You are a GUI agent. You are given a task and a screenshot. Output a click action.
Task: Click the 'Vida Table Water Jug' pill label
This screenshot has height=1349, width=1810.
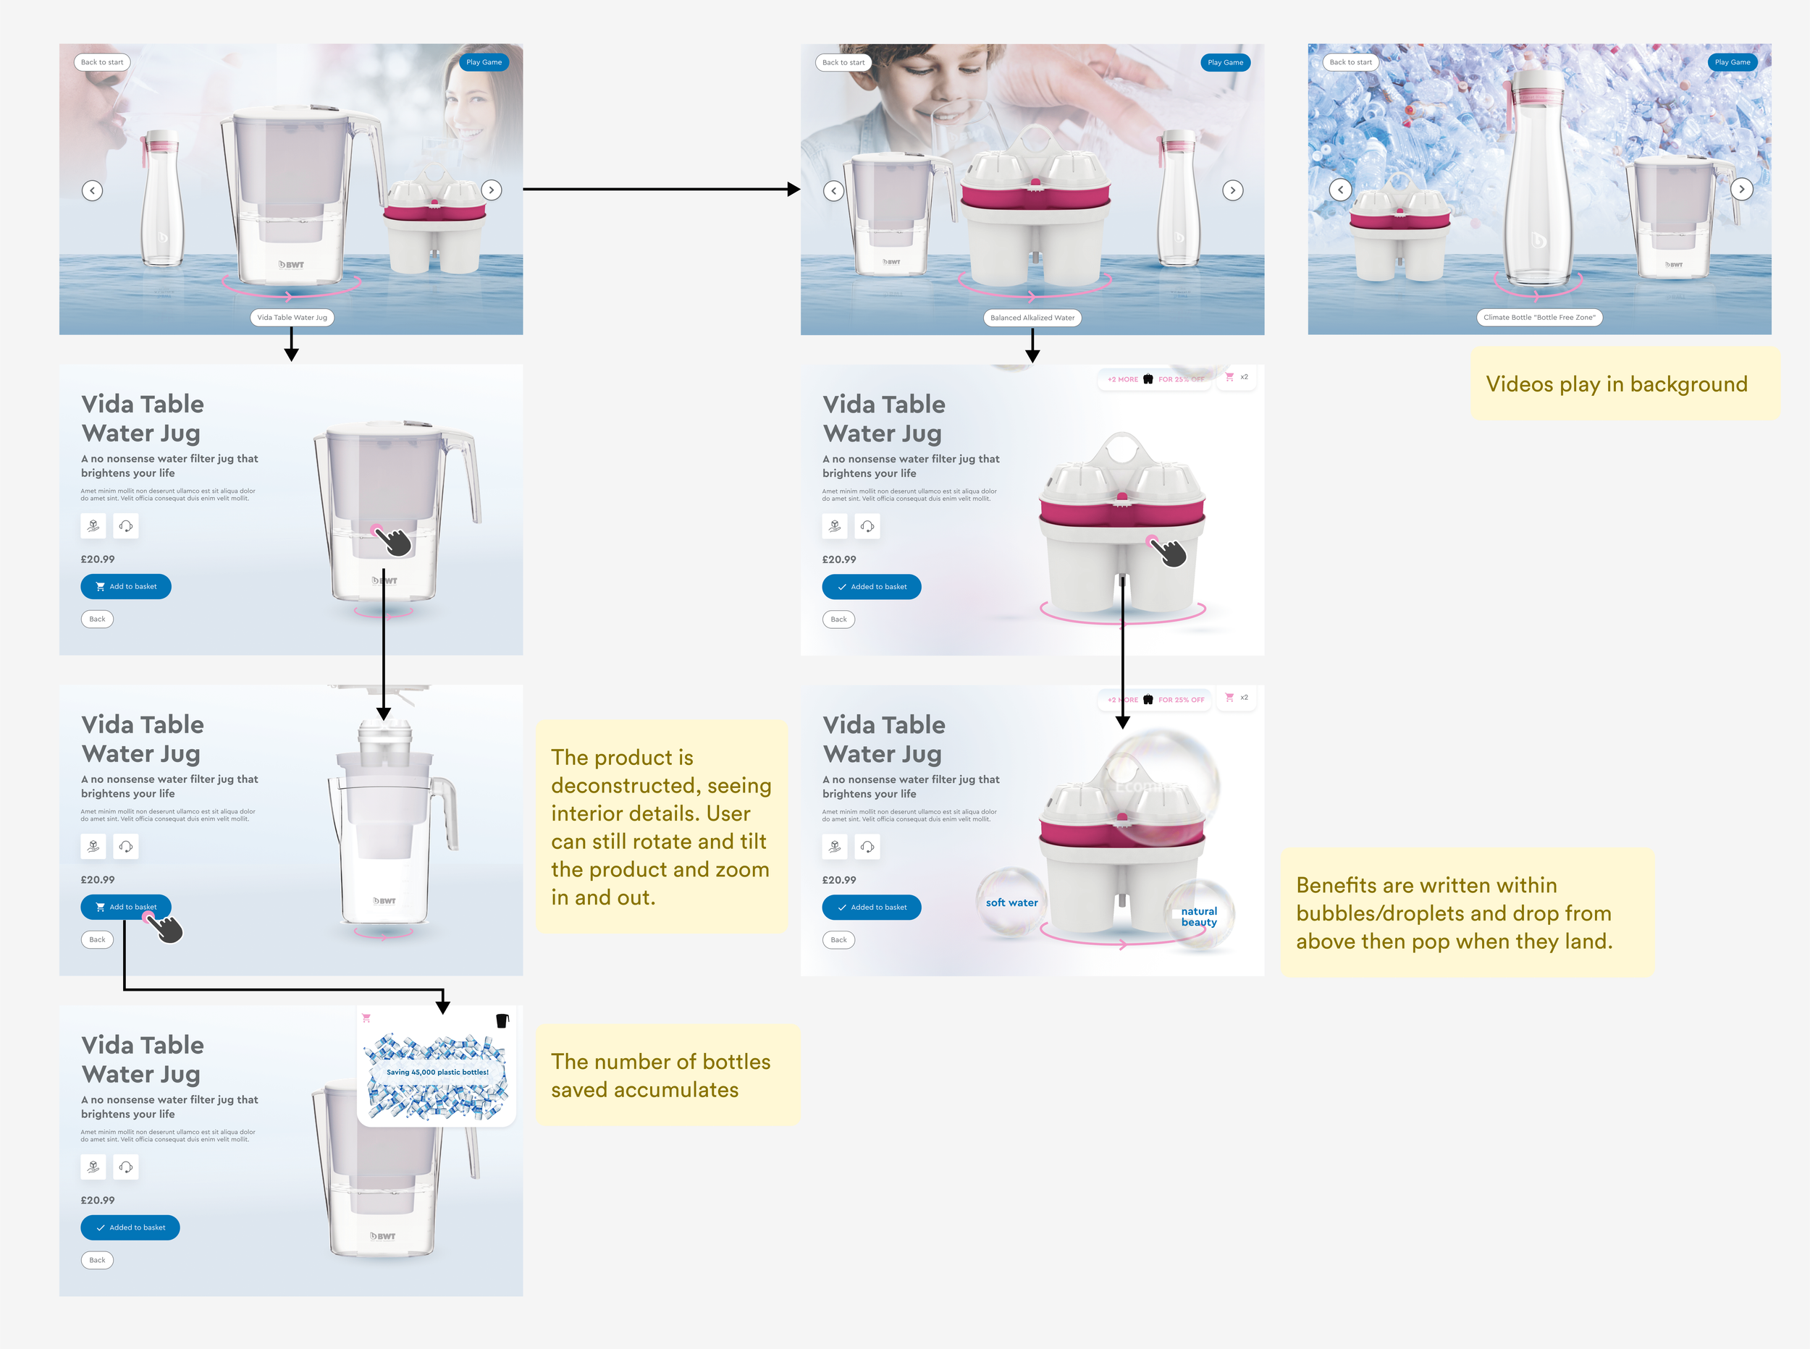[x=292, y=318]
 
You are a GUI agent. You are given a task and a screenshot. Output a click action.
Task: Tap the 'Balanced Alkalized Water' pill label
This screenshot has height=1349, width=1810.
[x=1032, y=318]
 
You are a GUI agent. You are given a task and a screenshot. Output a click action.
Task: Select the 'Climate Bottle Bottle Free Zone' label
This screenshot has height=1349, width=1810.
[x=1538, y=318]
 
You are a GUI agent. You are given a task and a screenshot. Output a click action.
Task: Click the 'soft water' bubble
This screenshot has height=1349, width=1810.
[x=1011, y=902]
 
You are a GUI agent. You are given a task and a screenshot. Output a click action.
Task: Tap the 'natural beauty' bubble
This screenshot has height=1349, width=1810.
[x=1198, y=916]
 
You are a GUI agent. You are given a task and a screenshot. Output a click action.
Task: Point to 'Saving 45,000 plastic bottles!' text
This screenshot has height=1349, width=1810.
[x=437, y=1072]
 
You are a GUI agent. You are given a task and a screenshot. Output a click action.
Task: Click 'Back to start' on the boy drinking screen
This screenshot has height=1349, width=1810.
[x=843, y=63]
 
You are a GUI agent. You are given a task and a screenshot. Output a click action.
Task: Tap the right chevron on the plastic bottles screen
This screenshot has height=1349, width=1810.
[x=1741, y=190]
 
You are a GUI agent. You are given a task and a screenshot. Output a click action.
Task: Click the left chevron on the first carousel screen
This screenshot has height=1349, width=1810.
[x=92, y=191]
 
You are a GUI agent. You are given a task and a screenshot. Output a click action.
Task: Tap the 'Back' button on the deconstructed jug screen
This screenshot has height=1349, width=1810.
[x=97, y=940]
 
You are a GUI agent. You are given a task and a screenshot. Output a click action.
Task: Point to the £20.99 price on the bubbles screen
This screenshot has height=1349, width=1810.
[x=839, y=880]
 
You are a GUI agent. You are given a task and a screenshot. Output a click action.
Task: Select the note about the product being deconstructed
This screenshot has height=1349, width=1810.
[x=661, y=826]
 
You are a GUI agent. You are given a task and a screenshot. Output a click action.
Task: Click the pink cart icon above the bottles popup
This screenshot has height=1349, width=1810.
[x=366, y=1018]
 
